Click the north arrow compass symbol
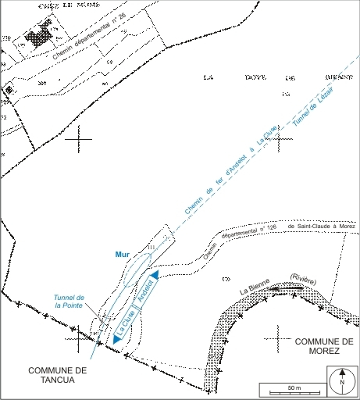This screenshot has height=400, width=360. click(342, 383)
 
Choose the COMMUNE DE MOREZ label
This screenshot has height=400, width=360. click(325, 346)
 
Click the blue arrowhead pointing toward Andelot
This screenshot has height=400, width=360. click(155, 275)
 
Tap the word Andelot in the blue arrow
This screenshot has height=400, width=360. click(146, 293)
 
